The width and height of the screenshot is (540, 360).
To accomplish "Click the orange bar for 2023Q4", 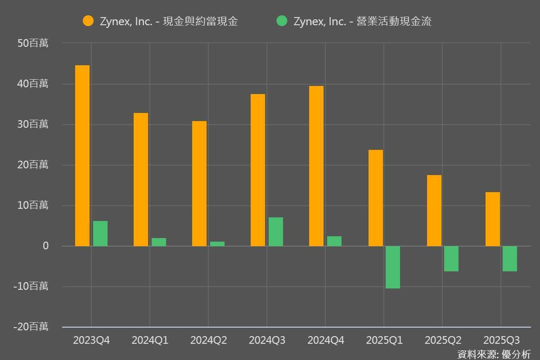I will click(82, 156).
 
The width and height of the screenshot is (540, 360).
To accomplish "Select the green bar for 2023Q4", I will click(100, 234).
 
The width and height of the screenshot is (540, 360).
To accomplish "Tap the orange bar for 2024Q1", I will click(141, 180).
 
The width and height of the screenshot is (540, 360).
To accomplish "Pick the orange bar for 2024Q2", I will click(199, 184).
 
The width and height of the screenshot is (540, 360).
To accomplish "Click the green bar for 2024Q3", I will click(276, 232).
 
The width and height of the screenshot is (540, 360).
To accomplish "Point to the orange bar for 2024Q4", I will click(316, 166).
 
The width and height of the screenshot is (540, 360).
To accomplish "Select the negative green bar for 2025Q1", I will click(393, 267).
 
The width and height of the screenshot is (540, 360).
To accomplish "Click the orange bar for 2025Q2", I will click(434, 211).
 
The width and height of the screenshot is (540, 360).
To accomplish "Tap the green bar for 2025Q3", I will click(510, 259).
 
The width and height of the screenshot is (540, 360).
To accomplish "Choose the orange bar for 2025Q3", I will click(493, 219).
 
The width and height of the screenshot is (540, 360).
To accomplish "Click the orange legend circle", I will click(88, 21).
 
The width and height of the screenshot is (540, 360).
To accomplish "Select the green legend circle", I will click(282, 21).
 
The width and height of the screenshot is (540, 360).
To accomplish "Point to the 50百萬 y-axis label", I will click(33, 43).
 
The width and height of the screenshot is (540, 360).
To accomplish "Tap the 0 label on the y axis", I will click(45, 246).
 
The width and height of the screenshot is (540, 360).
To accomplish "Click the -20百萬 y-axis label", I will click(31, 327).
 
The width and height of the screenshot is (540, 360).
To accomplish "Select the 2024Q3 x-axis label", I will click(267, 340).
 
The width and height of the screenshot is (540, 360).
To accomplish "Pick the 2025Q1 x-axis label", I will click(384, 340).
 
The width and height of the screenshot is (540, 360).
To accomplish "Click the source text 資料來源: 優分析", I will click(494, 354).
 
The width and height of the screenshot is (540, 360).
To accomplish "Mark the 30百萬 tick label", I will click(33, 124).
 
